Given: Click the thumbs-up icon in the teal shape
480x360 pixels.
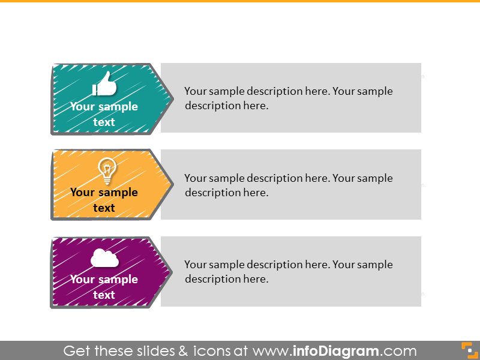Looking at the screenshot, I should click(x=104, y=85).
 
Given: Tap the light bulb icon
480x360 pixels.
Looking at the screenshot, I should click(x=106, y=170).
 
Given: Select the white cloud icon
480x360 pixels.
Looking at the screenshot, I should click(x=104, y=259).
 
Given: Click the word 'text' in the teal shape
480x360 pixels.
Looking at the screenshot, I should click(x=104, y=122).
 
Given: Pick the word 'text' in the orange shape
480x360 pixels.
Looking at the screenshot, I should click(x=104, y=208).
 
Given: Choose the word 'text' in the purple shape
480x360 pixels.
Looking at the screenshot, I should click(x=104, y=295).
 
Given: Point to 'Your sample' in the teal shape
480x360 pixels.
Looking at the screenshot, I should click(x=104, y=107).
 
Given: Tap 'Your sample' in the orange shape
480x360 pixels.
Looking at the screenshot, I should click(x=104, y=193).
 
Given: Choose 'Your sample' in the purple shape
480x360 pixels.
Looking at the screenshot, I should click(x=104, y=280).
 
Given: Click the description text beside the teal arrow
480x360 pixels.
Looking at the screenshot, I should click(x=288, y=98).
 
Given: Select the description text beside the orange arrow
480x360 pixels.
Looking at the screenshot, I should click(x=288, y=185).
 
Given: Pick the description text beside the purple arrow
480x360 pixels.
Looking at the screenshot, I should click(x=288, y=271).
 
